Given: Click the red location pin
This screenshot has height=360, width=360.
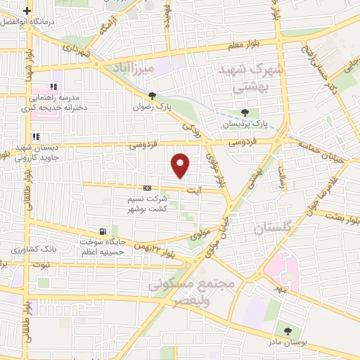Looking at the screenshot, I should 181,165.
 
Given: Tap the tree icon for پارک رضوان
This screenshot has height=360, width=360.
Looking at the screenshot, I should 153,96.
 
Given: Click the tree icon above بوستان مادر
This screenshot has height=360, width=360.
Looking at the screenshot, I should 287,330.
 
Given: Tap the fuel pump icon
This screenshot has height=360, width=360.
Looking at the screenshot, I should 104,231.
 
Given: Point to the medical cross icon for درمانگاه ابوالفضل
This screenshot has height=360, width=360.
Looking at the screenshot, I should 27,11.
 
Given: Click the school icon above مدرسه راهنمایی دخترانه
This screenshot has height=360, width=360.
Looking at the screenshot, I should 53,86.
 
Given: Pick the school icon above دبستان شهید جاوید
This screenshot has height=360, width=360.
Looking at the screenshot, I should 34,137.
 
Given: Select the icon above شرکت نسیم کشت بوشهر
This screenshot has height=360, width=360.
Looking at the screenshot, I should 147,188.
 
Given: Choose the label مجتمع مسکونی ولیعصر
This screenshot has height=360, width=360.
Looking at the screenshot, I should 179,291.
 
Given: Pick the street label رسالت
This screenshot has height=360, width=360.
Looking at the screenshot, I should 283,172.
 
